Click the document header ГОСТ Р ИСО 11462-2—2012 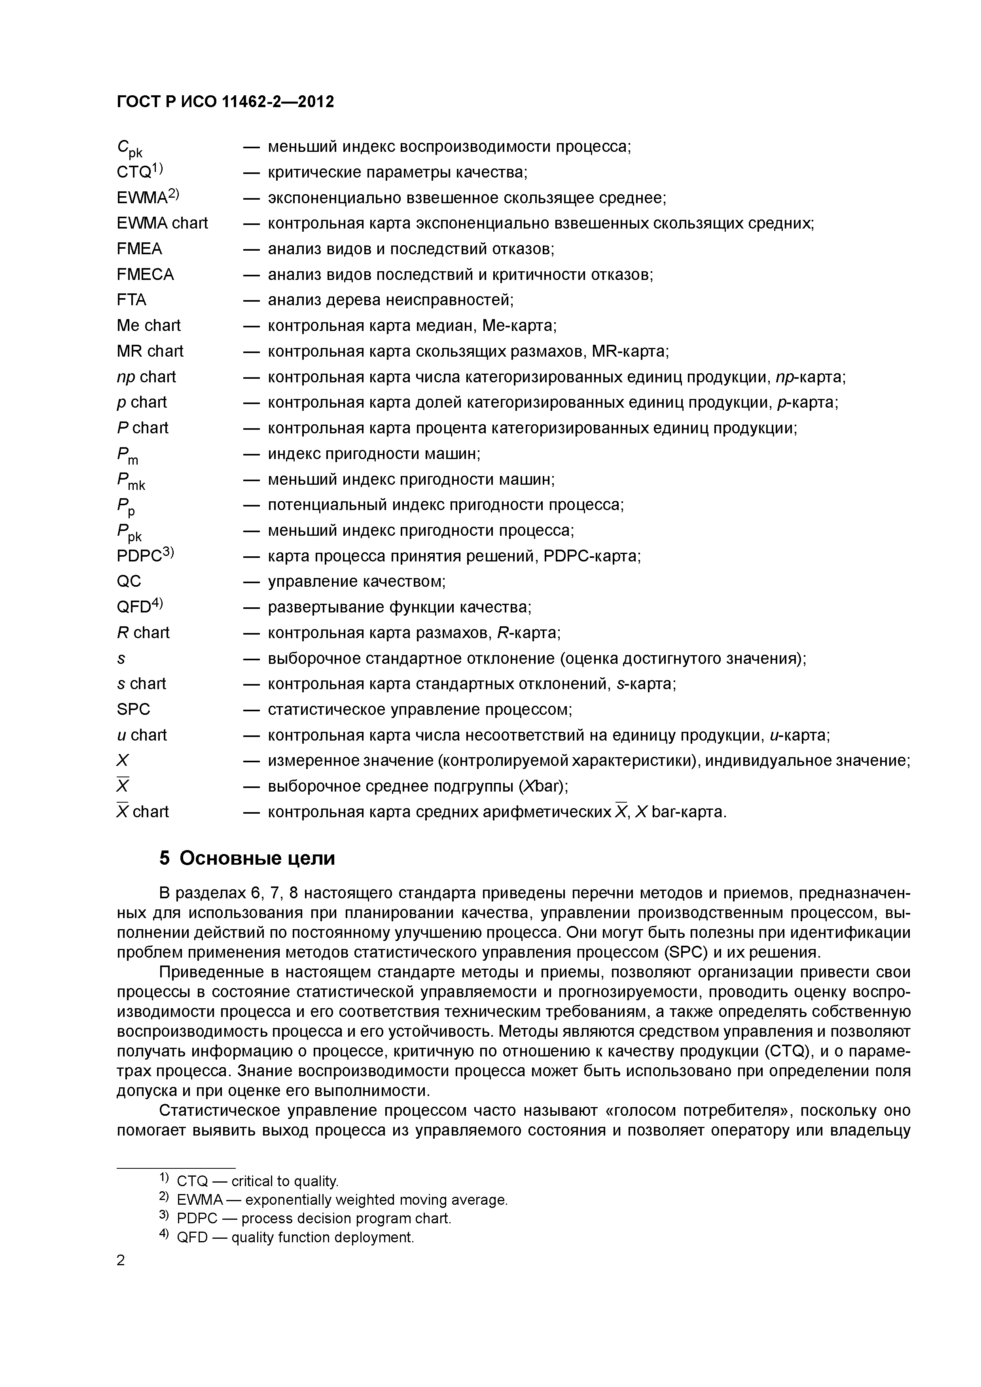(x=225, y=102)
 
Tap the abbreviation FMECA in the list (x=145, y=275)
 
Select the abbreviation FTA (x=131, y=300)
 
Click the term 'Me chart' (x=149, y=326)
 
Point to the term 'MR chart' (x=150, y=351)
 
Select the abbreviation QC (x=129, y=581)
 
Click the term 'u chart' (x=142, y=735)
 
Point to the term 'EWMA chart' (x=162, y=223)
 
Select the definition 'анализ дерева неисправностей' (x=390, y=300)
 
